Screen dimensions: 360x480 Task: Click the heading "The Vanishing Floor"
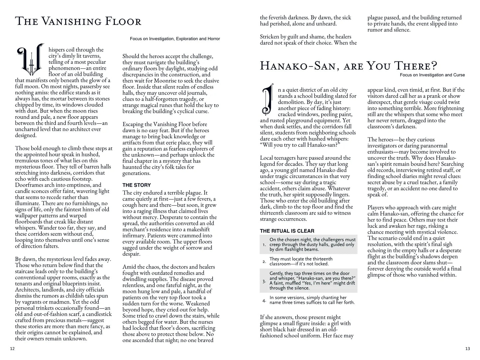[x=78, y=22]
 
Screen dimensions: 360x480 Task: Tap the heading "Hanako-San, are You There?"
[x=348, y=65]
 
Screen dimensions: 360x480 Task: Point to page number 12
[x=12, y=348]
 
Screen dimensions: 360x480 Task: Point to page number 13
[x=467, y=348]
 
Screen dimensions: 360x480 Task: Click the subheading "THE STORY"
[x=137, y=185]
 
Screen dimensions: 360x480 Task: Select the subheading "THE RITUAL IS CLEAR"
[x=287, y=231]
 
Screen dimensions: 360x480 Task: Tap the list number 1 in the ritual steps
[x=264, y=244]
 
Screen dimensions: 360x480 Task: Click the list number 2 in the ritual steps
[x=264, y=262]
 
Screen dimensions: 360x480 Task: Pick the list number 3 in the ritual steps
[x=264, y=281]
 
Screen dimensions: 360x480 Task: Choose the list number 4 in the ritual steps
[x=264, y=301]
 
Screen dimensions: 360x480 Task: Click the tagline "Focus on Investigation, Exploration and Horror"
[x=175, y=39]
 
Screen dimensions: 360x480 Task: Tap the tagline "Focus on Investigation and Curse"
[x=432, y=75]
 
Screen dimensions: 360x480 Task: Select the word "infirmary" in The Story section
[x=135, y=236]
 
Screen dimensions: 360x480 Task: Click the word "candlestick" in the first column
[x=97, y=314]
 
